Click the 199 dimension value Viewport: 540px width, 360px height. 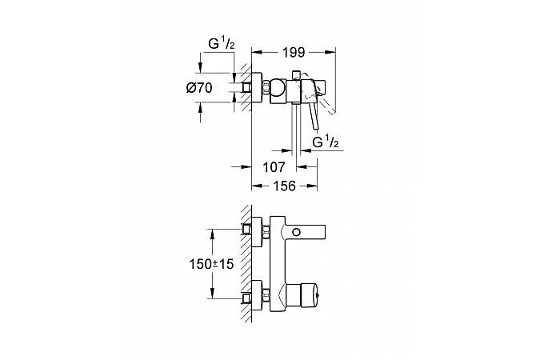pos(294,54)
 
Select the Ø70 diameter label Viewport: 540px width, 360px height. pos(198,88)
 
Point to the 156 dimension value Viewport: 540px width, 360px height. pos(285,185)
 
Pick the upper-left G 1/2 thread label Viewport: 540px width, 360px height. pos(220,44)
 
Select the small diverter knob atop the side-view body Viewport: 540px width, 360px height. pos(298,75)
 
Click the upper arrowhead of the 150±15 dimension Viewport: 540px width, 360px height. pos(212,233)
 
